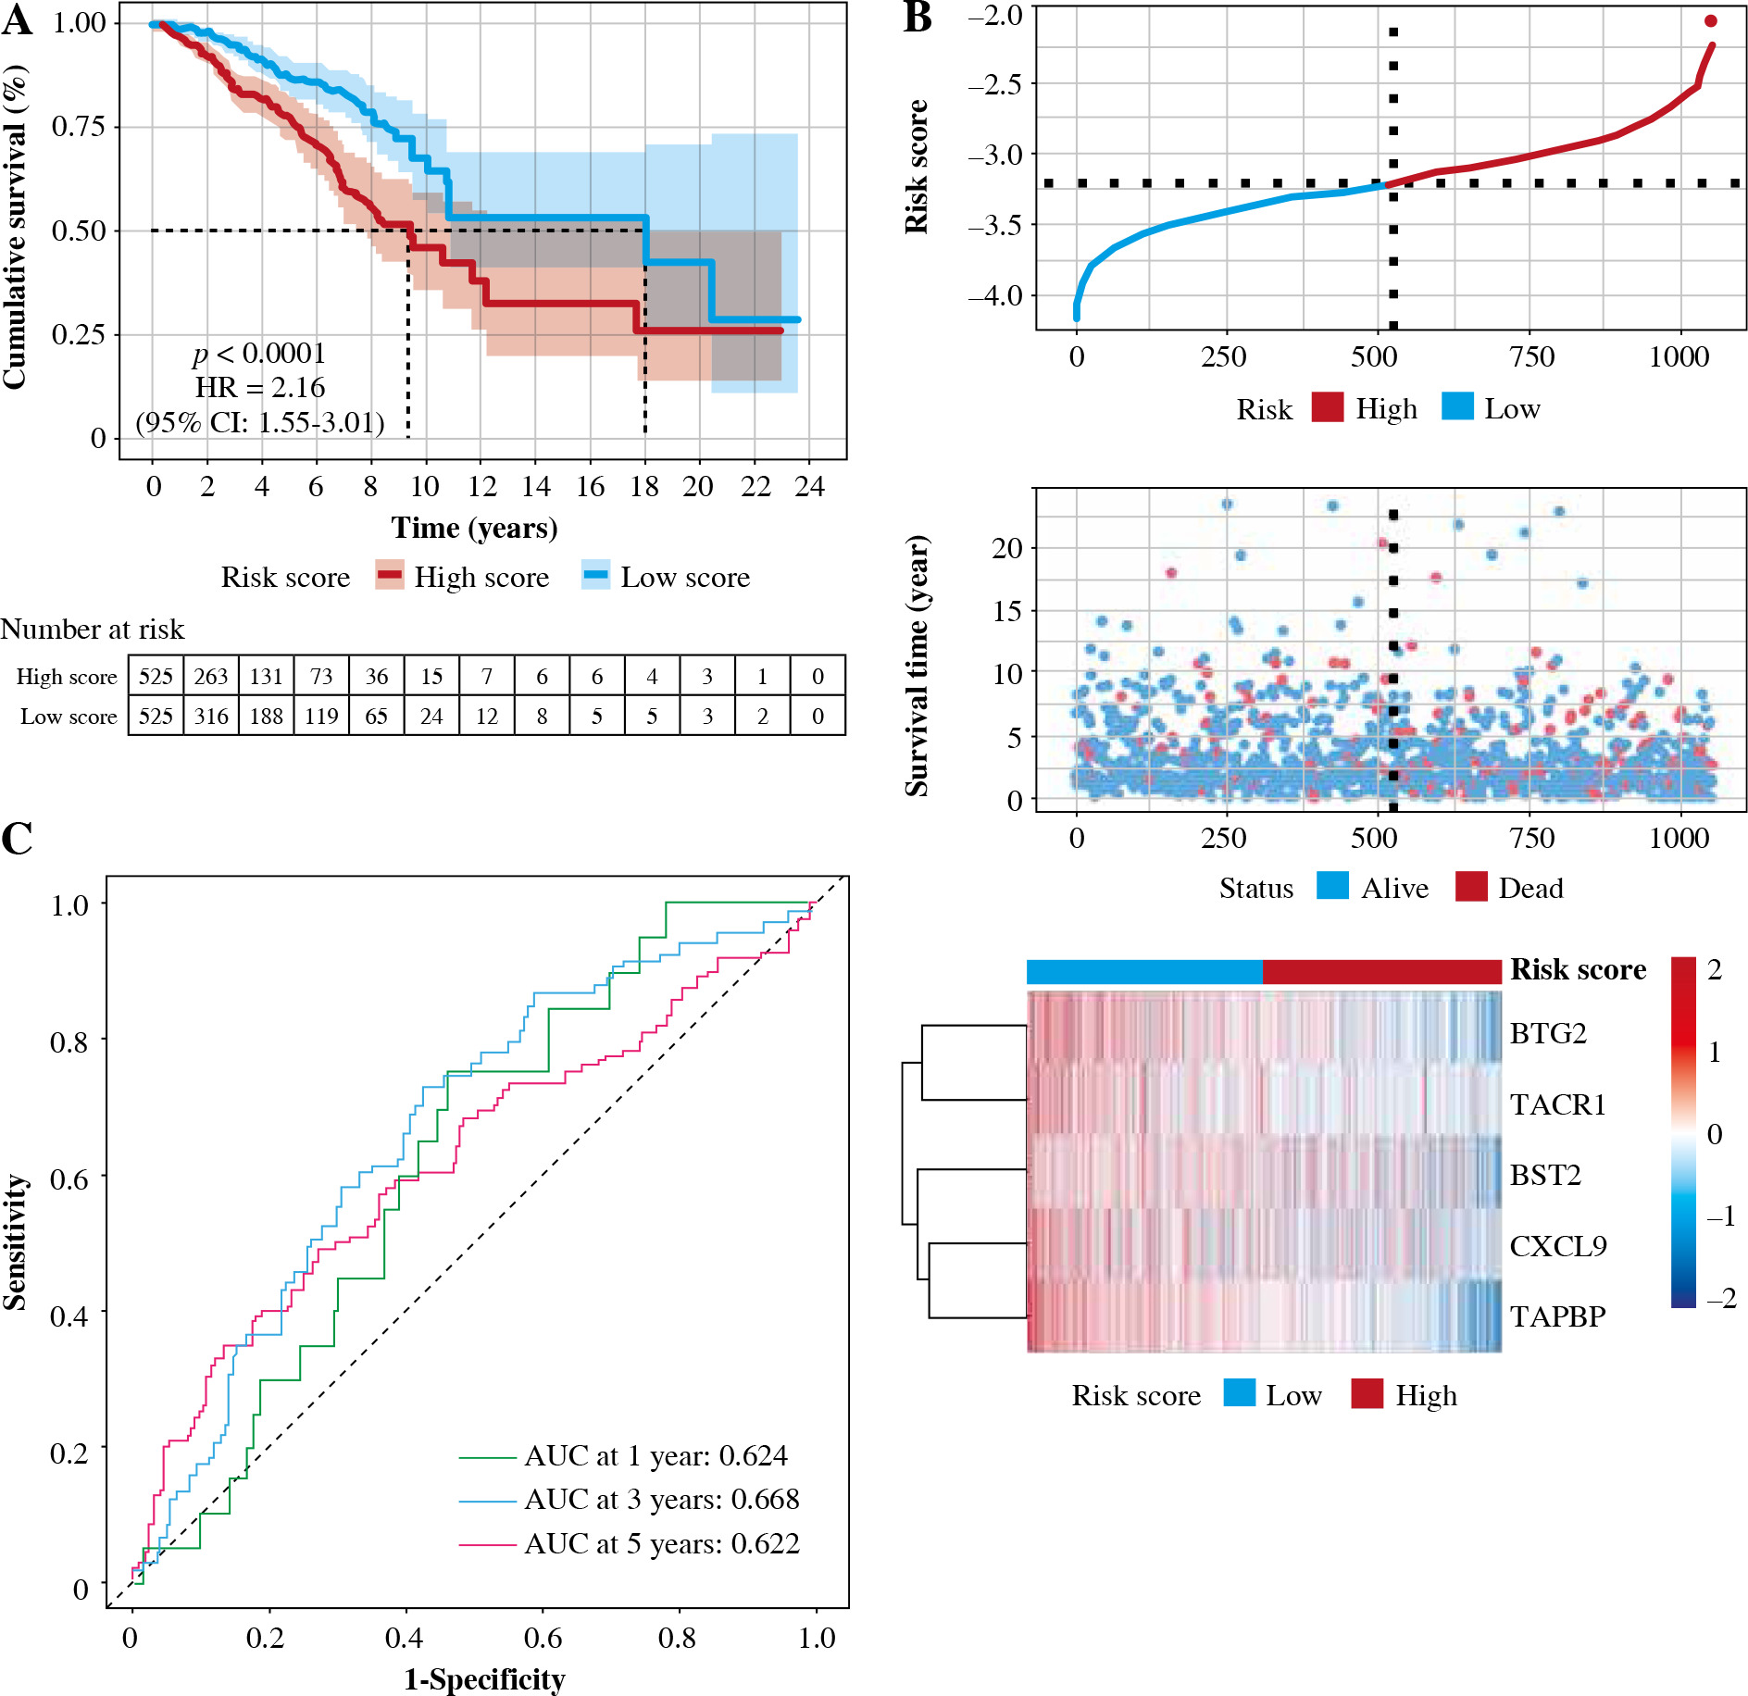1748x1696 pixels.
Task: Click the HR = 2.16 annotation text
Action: (x=259, y=388)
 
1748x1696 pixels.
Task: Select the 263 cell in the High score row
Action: (x=211, y=677)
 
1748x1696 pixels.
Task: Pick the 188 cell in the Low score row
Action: (x=267, y=717)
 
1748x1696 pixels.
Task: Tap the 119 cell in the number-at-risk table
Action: (x=321, y=717)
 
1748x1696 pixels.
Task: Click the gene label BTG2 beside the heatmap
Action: (x=1548, y=1033)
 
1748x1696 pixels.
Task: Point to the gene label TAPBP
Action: (x=1557, y=1316)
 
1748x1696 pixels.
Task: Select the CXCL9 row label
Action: (x=1558, y=1246)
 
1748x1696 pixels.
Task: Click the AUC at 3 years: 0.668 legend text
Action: (x=661, y=1500)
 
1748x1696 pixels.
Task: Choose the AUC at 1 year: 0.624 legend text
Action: (x=655, y=1456)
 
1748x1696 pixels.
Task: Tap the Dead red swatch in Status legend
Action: (x=1471, y=887)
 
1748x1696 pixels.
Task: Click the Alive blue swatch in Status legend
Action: (x=1332, y=887)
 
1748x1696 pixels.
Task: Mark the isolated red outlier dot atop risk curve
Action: (x=1710, y=21)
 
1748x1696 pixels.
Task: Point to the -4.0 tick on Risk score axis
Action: (x=995, y=296)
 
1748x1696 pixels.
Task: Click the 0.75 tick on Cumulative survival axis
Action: (x=80, y=126)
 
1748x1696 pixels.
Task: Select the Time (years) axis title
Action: (x=474, y=529)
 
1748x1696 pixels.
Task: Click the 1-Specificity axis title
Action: (x=484, y=1679)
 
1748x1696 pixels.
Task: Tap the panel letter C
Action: (x=17, y=839)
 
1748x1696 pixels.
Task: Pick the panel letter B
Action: (x=918, y=17)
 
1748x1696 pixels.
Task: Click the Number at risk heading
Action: (x=93, y=630)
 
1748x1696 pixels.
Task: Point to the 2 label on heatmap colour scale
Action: (x=1715, y=970)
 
